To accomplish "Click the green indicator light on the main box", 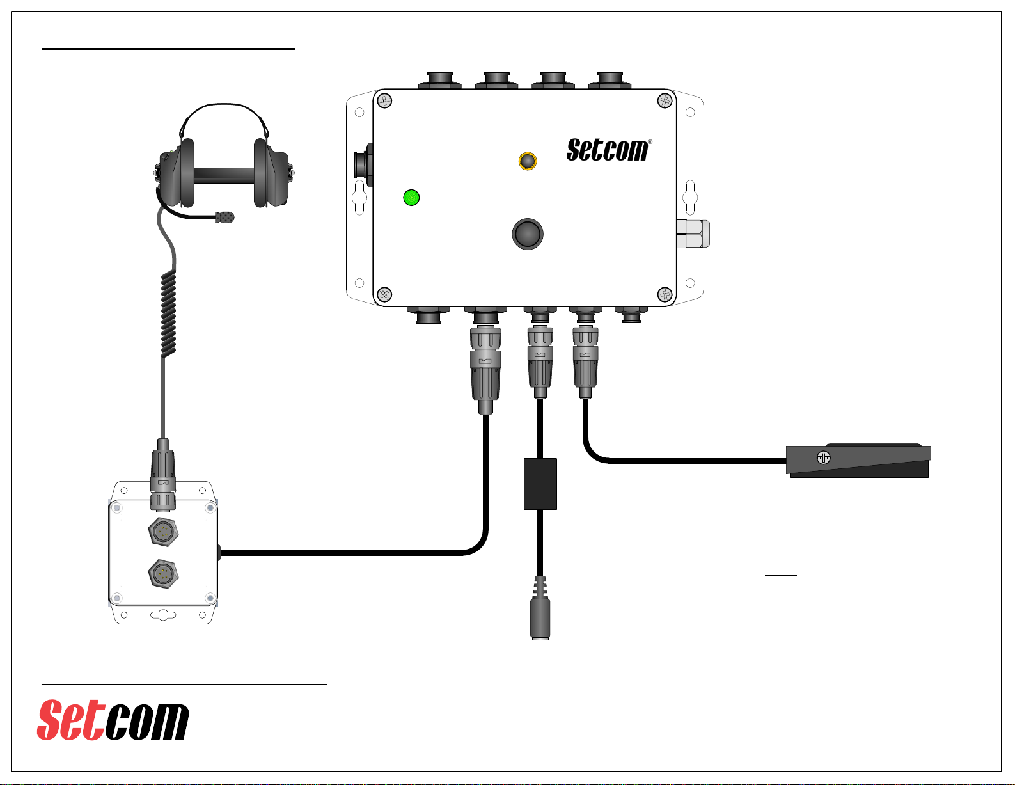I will (411, 198).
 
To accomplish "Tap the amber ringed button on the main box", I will (528, 161).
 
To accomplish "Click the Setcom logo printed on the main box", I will (608, 150).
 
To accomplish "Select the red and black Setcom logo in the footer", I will (113, 720).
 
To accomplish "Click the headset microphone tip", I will (224, 217).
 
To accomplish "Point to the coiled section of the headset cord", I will (168, 313).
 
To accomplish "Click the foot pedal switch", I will (858, 461).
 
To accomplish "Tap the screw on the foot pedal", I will (824, 457).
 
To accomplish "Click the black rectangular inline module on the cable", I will (540, 484).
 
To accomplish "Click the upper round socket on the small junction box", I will (163, 530).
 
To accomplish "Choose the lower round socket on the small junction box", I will (163, 573).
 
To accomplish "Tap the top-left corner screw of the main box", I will (384, 100).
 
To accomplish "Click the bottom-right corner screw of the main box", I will (665, 295).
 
